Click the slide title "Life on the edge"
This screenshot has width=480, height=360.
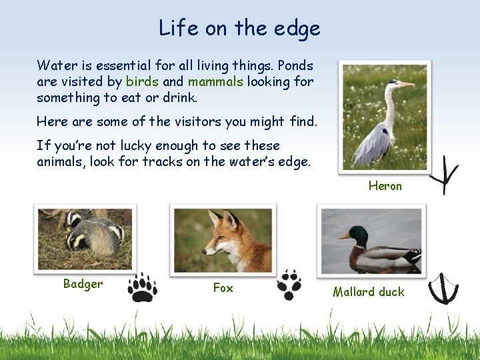(x=239, y=28)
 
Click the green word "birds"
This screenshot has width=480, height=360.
(x=142, y=81)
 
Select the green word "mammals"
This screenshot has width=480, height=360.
(x=216, y=81)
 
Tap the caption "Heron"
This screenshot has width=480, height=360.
(x=385, y=186)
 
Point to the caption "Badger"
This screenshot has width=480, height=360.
(x=83, y=284)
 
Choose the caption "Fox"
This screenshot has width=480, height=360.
(x=223, y=288)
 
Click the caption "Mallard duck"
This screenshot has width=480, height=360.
(x=369, y=291)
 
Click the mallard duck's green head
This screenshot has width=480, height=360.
(x=359, y=235)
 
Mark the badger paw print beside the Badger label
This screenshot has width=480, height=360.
(x=142, y=287)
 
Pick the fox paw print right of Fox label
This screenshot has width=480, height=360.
(x=289, y=285)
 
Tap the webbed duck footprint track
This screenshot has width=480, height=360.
(x=443, y=288)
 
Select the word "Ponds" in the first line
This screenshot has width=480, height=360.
(x=295, y=65)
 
